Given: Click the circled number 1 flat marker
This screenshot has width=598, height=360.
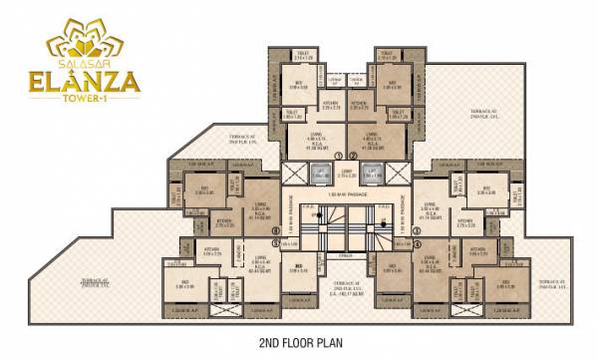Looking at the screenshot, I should [x=339, y=157].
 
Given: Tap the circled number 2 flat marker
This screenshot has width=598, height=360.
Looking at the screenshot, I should [x=355, y=157].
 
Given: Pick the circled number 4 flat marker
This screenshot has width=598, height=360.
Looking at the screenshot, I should [x=417, y=242].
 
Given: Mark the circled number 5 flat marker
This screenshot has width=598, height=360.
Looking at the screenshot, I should [x=276, y=242].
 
